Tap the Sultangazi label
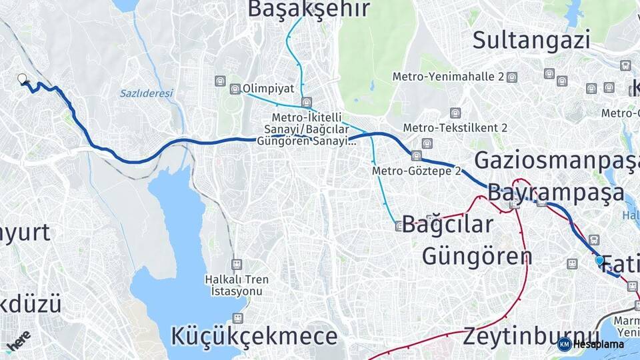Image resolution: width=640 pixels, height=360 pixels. pos(531,40)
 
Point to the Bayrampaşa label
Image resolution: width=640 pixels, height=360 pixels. pos(556,193)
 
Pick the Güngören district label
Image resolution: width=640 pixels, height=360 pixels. pos(477,256)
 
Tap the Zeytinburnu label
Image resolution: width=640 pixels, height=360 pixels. pos(531,335)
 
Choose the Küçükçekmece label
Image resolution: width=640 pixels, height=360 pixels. pos(254,336)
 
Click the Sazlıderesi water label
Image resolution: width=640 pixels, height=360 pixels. pos(146,93)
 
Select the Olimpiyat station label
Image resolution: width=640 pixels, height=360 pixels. pos(268,88)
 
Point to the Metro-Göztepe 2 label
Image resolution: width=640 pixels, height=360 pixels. pos(417,171)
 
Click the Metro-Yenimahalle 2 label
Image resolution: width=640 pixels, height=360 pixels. pos(448,77)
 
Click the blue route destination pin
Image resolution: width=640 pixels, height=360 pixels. pos(599,261)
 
